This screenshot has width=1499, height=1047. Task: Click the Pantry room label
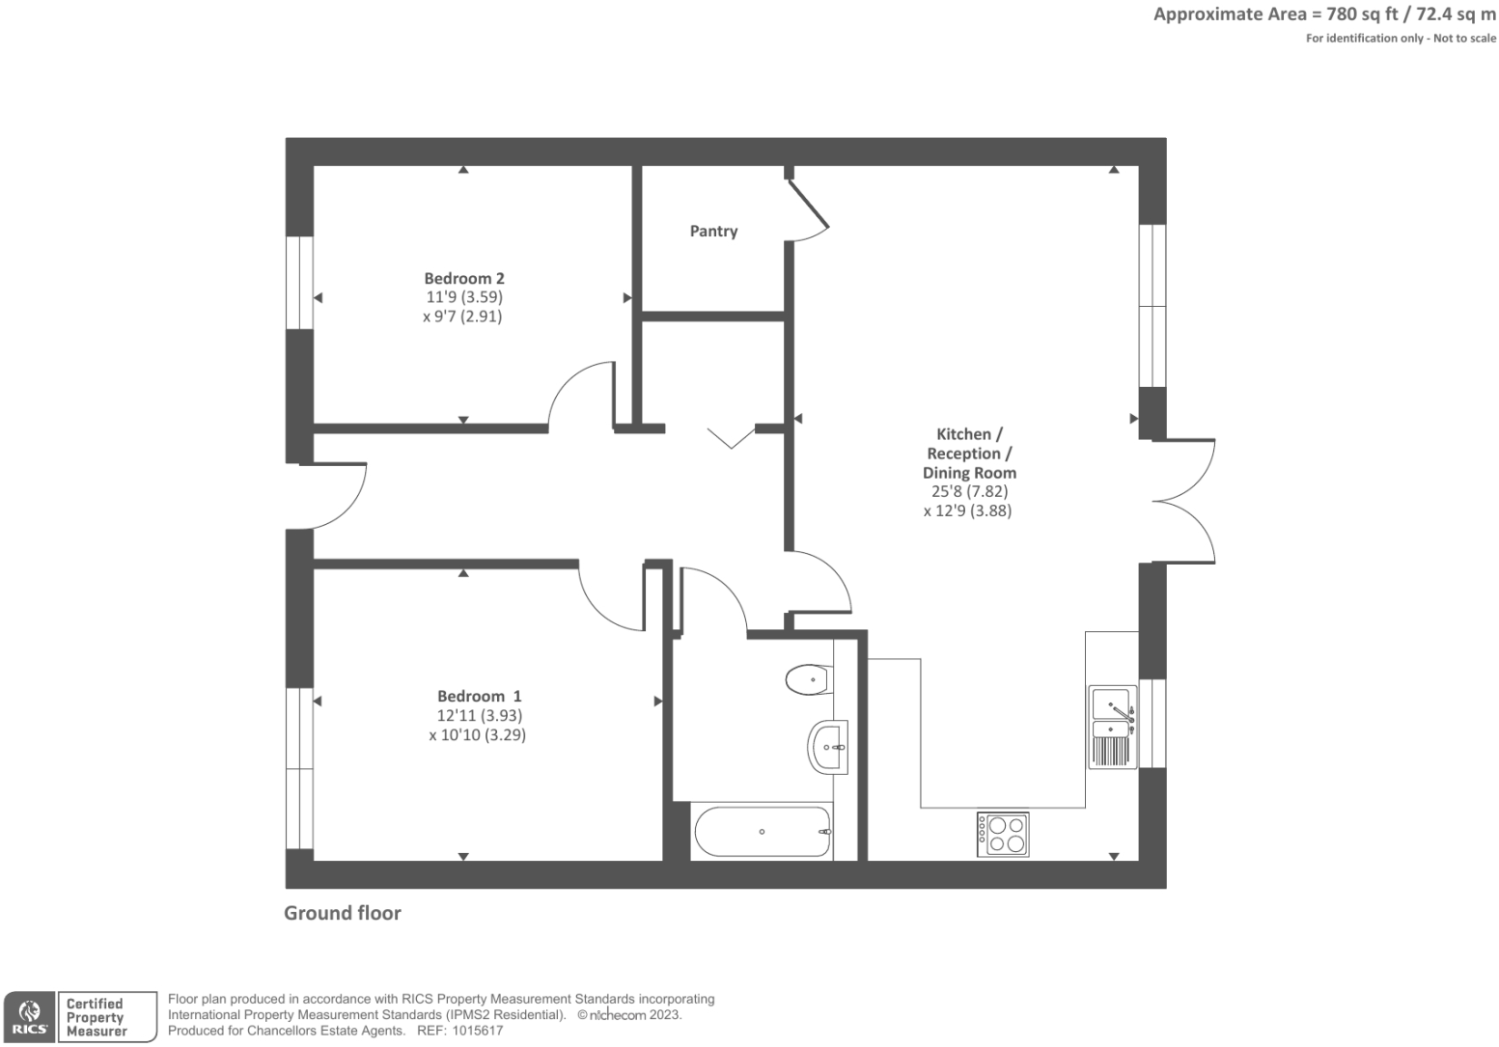pos(713,232)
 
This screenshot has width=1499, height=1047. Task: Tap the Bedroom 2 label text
pos(464,279)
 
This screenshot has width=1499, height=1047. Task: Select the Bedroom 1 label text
pos(479,697)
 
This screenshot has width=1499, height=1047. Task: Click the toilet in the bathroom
pos(808,679)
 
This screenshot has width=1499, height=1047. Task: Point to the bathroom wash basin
pos(827,747)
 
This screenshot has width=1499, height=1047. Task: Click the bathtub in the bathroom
pos(763,832)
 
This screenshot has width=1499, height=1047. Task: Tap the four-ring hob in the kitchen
pos(1003,834)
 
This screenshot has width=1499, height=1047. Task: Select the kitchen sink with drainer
pos(1112,727)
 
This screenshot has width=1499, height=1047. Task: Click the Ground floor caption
pos(343,913)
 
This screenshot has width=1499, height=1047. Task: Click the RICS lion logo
pos(29,1016)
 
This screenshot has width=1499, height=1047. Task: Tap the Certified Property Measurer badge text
pos(97,1017)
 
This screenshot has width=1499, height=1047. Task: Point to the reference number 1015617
pos(474,1031)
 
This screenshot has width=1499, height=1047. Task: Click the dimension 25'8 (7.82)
pos(969,491)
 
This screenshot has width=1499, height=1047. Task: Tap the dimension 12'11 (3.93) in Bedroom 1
pos(479,716)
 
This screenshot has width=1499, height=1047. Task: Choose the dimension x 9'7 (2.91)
pos(462,317)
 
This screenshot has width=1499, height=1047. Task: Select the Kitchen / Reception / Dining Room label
pos(969,454)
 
